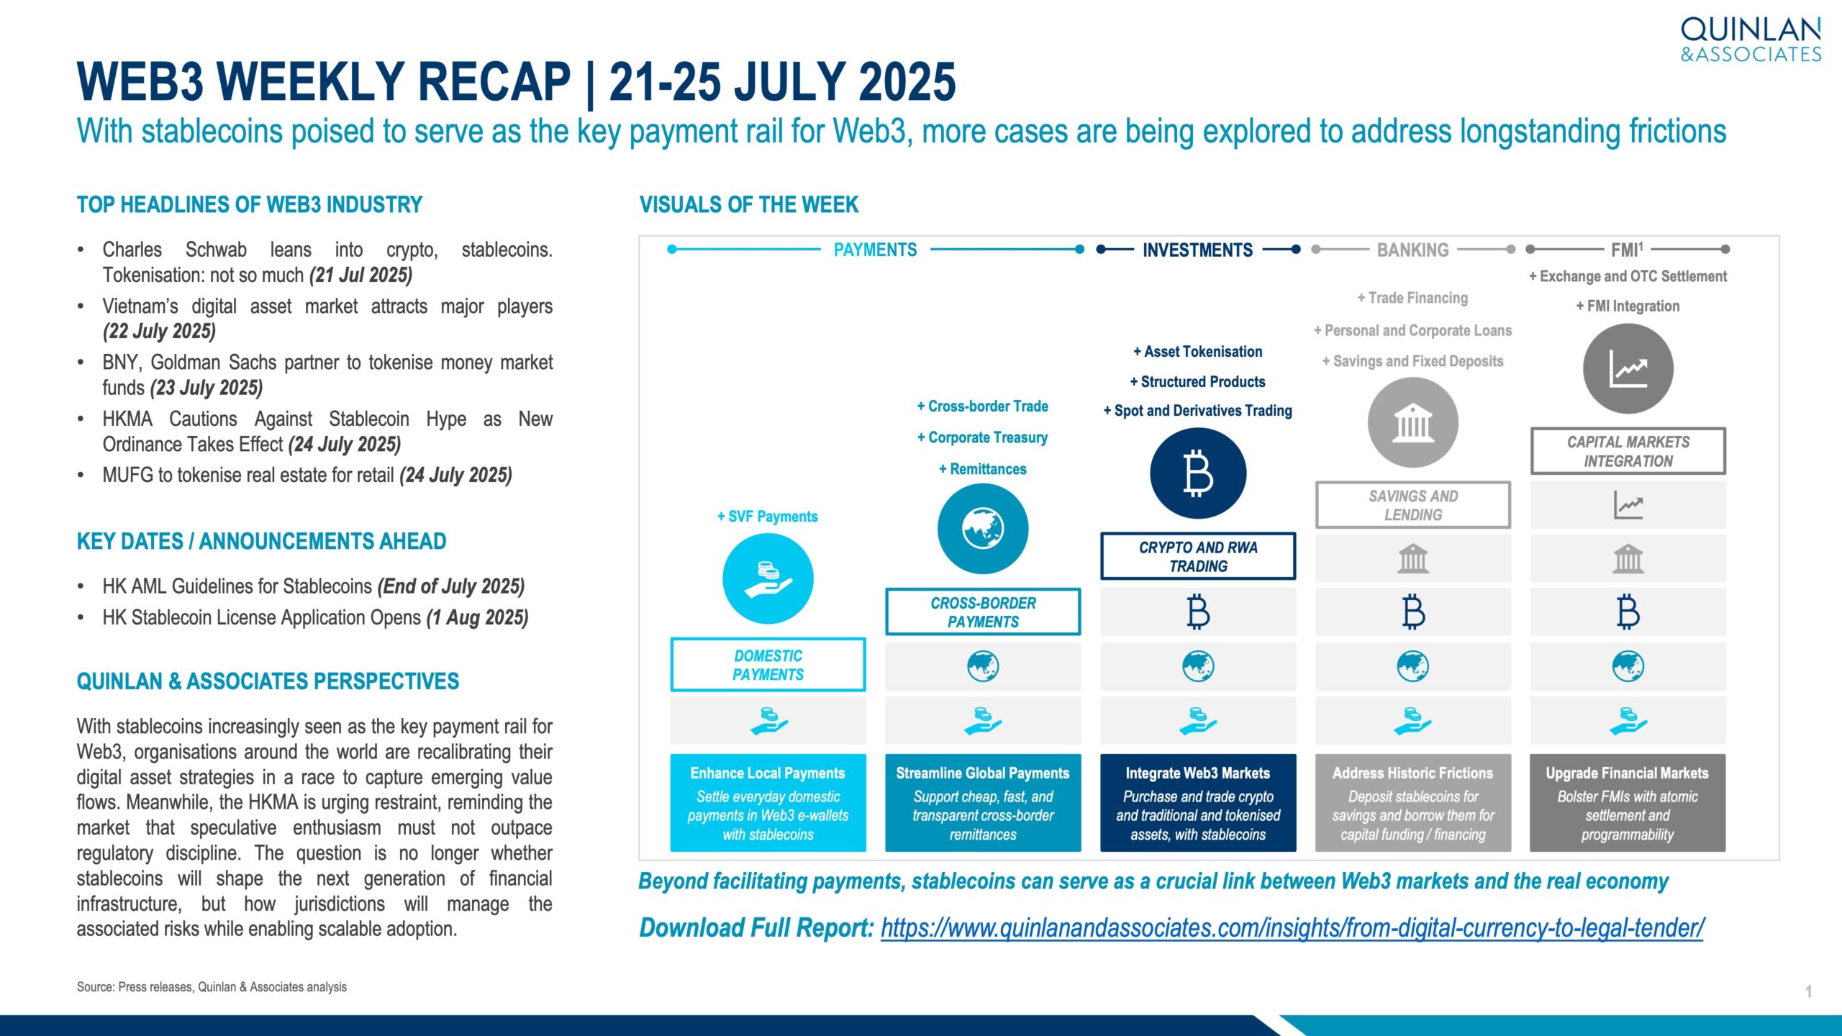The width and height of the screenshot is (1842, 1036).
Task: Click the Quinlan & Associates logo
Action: coord(1751,40)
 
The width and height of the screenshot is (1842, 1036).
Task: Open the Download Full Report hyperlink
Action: coord(1292,928)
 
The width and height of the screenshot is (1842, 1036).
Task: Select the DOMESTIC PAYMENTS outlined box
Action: coord(768,665)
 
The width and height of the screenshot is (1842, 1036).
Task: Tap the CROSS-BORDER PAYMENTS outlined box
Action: coord(983,612)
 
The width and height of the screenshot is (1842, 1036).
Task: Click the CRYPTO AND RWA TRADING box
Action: coord(1198,556)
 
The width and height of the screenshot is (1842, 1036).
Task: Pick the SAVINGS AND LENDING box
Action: coord(1413,505)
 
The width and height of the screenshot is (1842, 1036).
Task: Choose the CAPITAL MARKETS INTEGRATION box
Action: coord(1628,451)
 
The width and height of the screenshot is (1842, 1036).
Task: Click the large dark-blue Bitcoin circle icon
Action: coord(1198,473)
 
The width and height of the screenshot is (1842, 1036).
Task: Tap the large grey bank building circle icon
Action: coord(1413,422)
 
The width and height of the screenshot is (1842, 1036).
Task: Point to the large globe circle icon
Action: coord(983,529)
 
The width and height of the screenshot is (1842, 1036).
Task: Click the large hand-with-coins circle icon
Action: coord(768,578)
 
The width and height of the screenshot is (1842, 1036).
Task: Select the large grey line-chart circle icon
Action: coord(1628,368)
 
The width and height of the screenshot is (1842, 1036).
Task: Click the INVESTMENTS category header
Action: coord(1198,250)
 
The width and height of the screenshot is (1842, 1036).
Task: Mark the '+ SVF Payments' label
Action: coord(768,517)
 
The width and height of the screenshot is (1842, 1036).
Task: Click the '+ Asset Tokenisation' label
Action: coord(1198,352)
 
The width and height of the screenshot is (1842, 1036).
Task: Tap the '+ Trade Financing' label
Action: coord(1412,298)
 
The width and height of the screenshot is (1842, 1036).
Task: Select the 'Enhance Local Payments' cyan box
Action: coord(768,803)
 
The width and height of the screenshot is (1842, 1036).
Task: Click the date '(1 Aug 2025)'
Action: coord(478,618)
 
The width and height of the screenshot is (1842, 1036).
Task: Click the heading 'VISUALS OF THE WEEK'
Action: coord(749,205)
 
